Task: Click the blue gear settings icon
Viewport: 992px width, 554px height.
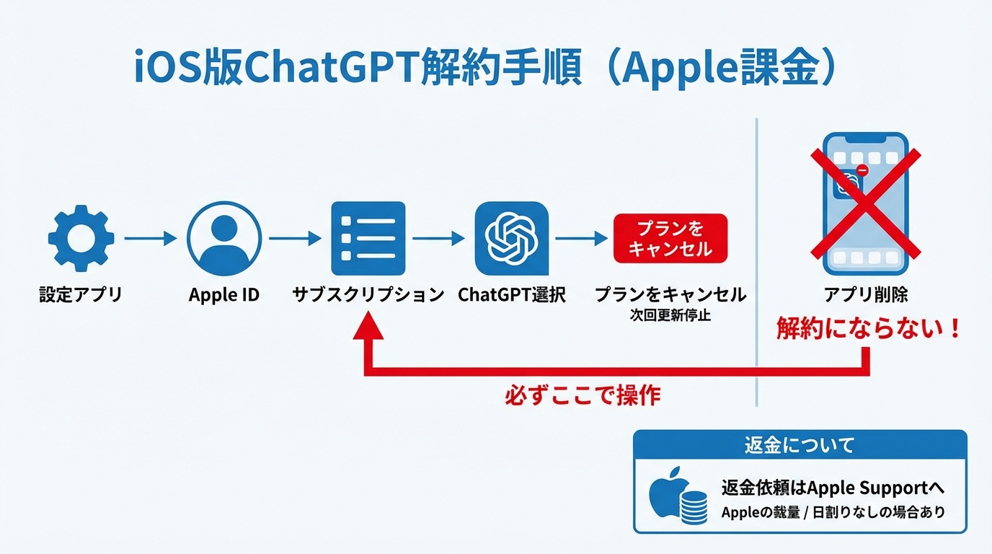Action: click(x=81, y=238)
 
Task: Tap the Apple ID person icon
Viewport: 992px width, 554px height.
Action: click(x=223, y=238)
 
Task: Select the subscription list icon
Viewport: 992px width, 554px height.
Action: click(x=368, y=238)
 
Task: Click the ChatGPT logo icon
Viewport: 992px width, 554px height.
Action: click(x=512, y=238)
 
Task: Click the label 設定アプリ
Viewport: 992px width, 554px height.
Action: click(x=81, y=295)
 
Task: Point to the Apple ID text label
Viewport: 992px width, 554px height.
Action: click(x=223, y=295)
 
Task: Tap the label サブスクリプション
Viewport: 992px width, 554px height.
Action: click(x=368, y=295)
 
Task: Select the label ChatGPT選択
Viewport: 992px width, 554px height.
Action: click(x=512, y=295)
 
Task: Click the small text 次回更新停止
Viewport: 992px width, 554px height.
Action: click(x=670, y=315)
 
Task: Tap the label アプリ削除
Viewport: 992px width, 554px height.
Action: click(x=866, y=295)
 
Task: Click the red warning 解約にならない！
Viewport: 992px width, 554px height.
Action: click(x=868, y=329)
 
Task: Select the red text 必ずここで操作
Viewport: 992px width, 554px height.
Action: click(x=583, y=396)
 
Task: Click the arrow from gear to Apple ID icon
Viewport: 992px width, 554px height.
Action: click(x=150, y=238)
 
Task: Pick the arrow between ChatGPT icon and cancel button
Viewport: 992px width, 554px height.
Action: click(x=582, y=238)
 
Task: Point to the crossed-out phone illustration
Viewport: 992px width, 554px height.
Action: click(x=865, y=204)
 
